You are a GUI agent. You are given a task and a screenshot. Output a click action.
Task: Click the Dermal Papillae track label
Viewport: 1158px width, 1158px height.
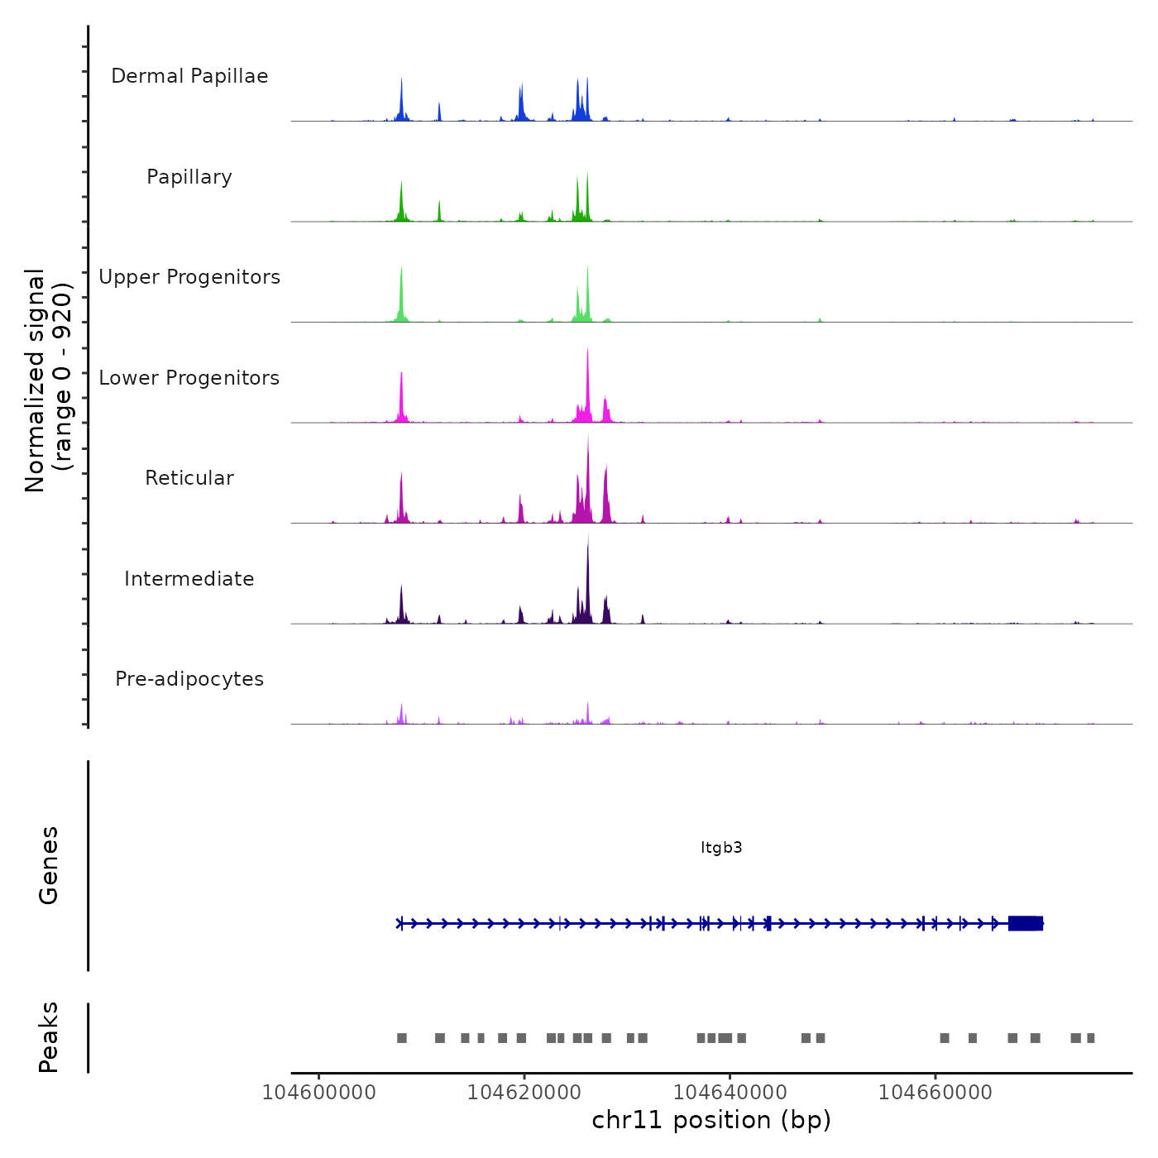(x=189, y=76)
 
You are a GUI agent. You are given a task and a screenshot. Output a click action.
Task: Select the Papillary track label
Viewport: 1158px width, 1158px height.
(x=189, y=177)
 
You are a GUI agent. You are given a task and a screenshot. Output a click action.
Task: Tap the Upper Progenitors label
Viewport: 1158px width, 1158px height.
(x=189, y=277)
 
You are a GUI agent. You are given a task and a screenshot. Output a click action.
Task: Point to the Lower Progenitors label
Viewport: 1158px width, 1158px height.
(x=189, y=378)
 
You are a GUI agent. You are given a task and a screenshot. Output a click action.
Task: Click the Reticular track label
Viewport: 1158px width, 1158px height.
(x=189, y=478)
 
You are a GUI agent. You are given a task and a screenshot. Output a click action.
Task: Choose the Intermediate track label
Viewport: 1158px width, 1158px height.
(x=189, y=579)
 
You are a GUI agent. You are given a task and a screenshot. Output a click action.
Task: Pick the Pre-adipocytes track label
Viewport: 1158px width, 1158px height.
(x=189, y=679)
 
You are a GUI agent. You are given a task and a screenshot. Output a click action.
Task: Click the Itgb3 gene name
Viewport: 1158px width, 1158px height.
(x=721, y=848)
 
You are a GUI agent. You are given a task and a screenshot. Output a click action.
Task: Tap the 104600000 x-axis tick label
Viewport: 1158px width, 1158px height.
(x=318, y=1093)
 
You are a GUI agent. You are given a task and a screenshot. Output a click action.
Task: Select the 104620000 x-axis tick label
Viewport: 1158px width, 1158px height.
(x=524, y=1093)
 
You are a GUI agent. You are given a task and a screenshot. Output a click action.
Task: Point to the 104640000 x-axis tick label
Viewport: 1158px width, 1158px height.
(x=730, y=1093)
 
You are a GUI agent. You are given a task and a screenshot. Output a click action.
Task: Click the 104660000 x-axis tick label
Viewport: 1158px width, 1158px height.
(x=935, y=1093)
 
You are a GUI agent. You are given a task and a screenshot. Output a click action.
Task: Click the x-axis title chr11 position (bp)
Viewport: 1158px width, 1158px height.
(x=711, y=1120)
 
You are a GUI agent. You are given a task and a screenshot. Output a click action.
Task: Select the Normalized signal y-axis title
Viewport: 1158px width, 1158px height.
(x=48, y=380)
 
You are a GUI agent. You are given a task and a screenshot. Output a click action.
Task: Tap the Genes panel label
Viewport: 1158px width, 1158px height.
(x=48, y=865)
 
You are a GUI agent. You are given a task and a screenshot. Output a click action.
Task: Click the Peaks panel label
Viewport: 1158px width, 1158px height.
(x=48, y=1037)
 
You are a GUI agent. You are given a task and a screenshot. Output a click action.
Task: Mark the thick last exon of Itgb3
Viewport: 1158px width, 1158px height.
(x=1026, y=923)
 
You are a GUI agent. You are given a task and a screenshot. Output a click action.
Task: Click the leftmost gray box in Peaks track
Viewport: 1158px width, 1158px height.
(x=402, y=1038)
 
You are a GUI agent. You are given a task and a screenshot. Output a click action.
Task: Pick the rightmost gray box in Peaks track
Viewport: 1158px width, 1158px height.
(x=1091, y=1038)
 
